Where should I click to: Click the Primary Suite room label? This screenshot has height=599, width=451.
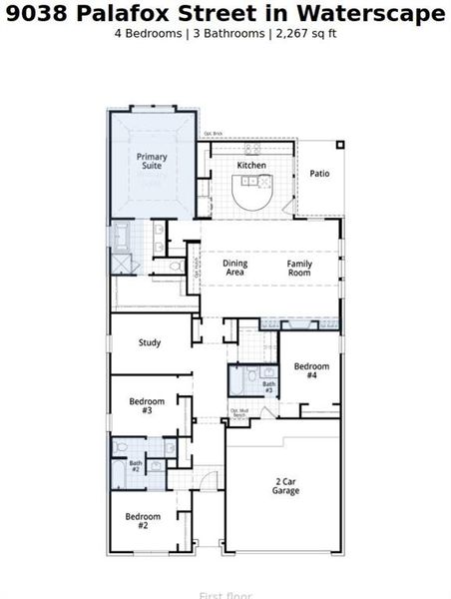point(152,162)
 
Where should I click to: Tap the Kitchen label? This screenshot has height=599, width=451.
point(251,165)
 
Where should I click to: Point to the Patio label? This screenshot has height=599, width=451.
point(319,174)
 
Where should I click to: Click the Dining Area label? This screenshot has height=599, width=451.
point(234,268)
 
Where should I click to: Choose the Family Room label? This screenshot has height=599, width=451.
point(300,268)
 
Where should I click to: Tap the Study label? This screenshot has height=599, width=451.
point(150,342)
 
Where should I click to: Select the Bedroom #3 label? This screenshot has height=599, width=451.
point(147,405)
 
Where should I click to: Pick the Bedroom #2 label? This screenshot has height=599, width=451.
point(142,520)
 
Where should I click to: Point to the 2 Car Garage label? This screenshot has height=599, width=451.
point(286,486)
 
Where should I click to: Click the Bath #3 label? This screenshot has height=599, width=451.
point(268,387)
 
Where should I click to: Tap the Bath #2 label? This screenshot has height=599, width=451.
point(136,466)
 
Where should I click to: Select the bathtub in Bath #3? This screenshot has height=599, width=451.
point(241,381)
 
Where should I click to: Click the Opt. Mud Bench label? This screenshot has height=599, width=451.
point(239,413)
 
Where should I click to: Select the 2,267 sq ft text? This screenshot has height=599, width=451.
point(304,34)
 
